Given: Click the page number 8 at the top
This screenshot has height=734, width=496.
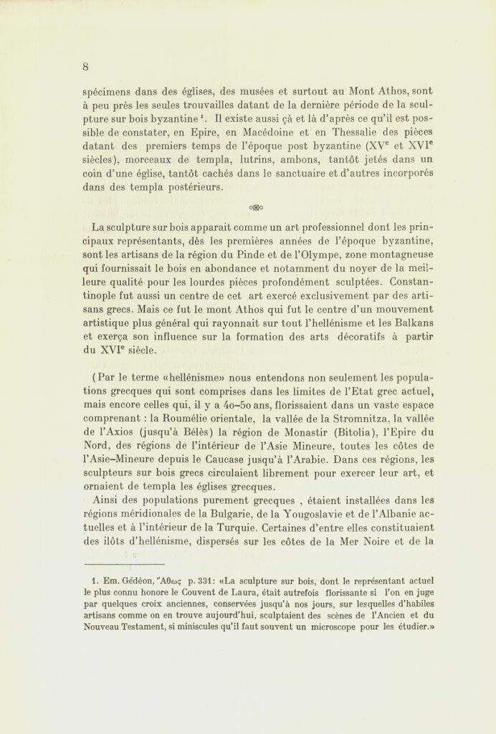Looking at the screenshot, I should [85, 67].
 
